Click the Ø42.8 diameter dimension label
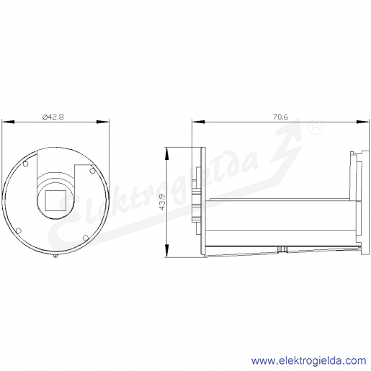click(x=53, y=117)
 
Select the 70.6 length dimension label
click(x=280, y=117)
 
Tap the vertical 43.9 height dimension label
click(x=162, y=202)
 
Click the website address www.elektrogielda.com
click(x=308, y=361)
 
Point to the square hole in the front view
click(x=55, y=200)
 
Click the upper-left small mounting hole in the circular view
click(x=25, y=164)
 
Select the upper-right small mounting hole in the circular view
click(x=92, y=171)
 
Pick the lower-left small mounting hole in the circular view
click(x=19, y=231)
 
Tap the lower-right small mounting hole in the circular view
click(x=86, y=238)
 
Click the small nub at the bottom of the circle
click(x=55, y=256)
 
